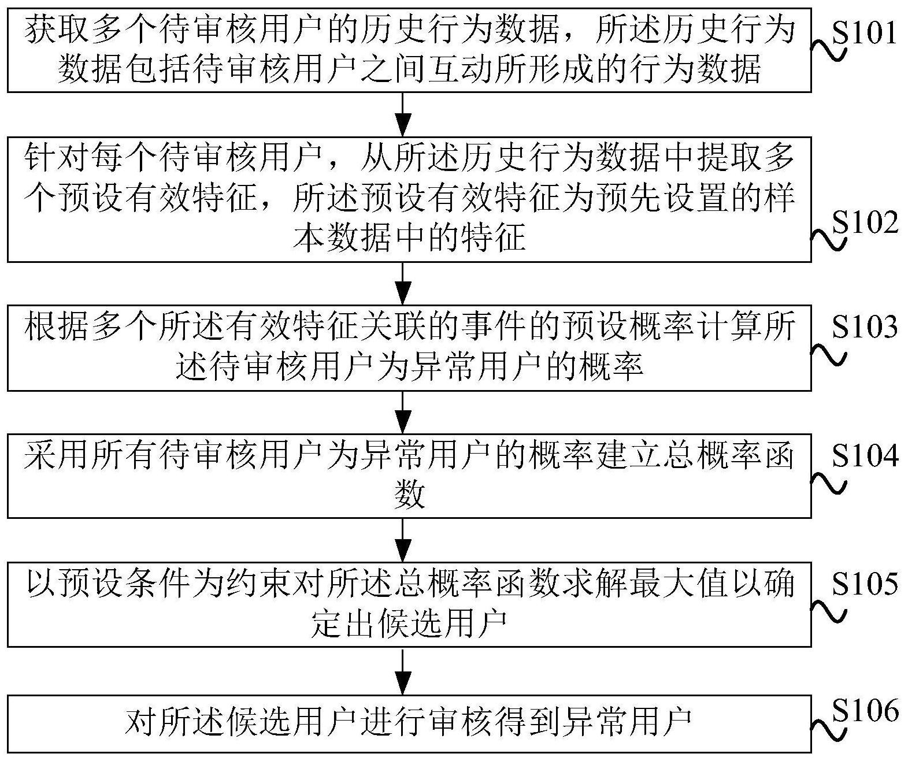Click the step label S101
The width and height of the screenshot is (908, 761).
coord(865,32)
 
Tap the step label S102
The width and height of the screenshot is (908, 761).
coord(865,222)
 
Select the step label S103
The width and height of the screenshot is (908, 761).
coord(865,326)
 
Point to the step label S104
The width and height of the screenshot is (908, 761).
coord(865,455)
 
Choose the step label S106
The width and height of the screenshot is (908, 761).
coord(865,711)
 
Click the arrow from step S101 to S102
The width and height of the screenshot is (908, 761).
coord(403,114)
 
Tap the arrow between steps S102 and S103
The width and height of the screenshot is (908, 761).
coord(403,284)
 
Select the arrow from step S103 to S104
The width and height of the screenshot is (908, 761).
coord(403,412)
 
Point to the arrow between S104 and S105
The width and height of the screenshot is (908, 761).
coord(403,540)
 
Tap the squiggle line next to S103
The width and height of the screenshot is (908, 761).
coord(828,354)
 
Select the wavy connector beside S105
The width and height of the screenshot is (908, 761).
coord(828,611)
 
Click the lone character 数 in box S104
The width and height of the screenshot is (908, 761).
coord(409,495)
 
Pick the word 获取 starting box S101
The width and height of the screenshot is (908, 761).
coord(57,31)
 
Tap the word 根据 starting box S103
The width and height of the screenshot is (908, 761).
coord(57,327)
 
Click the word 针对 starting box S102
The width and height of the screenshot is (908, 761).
coord(57,157)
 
